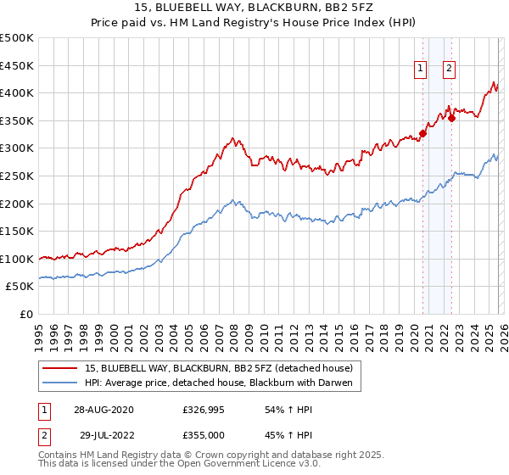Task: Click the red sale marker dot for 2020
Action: [x=422, y=133]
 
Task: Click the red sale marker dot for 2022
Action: [x=451, y=118]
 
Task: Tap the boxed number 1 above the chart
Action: [x=420, y=70]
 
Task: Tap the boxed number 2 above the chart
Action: [x=449, y=70]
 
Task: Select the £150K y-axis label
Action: [x=17, y=231]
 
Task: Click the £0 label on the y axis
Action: [x=25, y=314]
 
